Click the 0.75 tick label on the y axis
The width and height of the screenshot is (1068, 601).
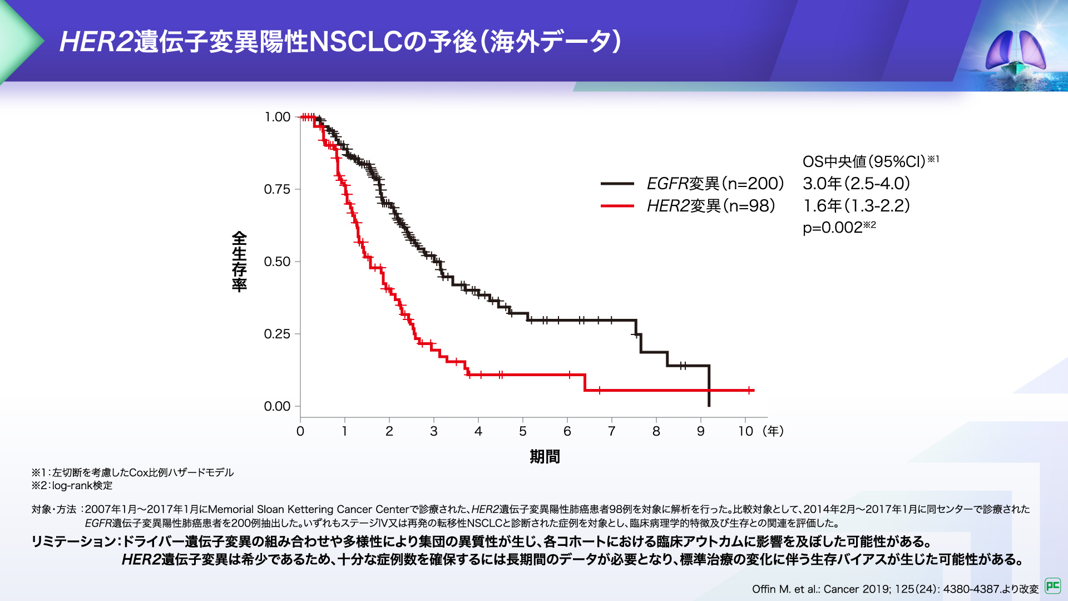277,189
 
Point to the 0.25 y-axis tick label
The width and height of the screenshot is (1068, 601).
277,334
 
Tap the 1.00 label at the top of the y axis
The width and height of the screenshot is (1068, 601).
277,117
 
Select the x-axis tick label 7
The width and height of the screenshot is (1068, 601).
612,431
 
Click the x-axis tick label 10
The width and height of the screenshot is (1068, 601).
745,431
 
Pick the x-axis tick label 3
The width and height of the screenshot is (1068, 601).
434,431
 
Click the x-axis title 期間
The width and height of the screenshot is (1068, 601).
545,457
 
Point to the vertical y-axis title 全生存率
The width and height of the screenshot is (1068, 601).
239,262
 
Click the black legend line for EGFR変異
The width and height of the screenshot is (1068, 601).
617,184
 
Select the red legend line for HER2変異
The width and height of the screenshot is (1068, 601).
617,206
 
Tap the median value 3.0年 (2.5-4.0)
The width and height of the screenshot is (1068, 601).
856,184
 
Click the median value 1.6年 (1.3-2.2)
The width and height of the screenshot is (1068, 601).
856,206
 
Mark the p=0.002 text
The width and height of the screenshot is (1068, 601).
833,228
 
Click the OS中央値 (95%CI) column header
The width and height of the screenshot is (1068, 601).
865,161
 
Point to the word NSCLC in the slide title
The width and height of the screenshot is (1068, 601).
355,42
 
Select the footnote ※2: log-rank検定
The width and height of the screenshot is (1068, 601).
72,486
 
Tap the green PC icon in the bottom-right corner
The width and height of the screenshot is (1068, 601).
1052,585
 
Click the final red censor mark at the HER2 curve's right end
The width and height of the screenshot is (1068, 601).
750,391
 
